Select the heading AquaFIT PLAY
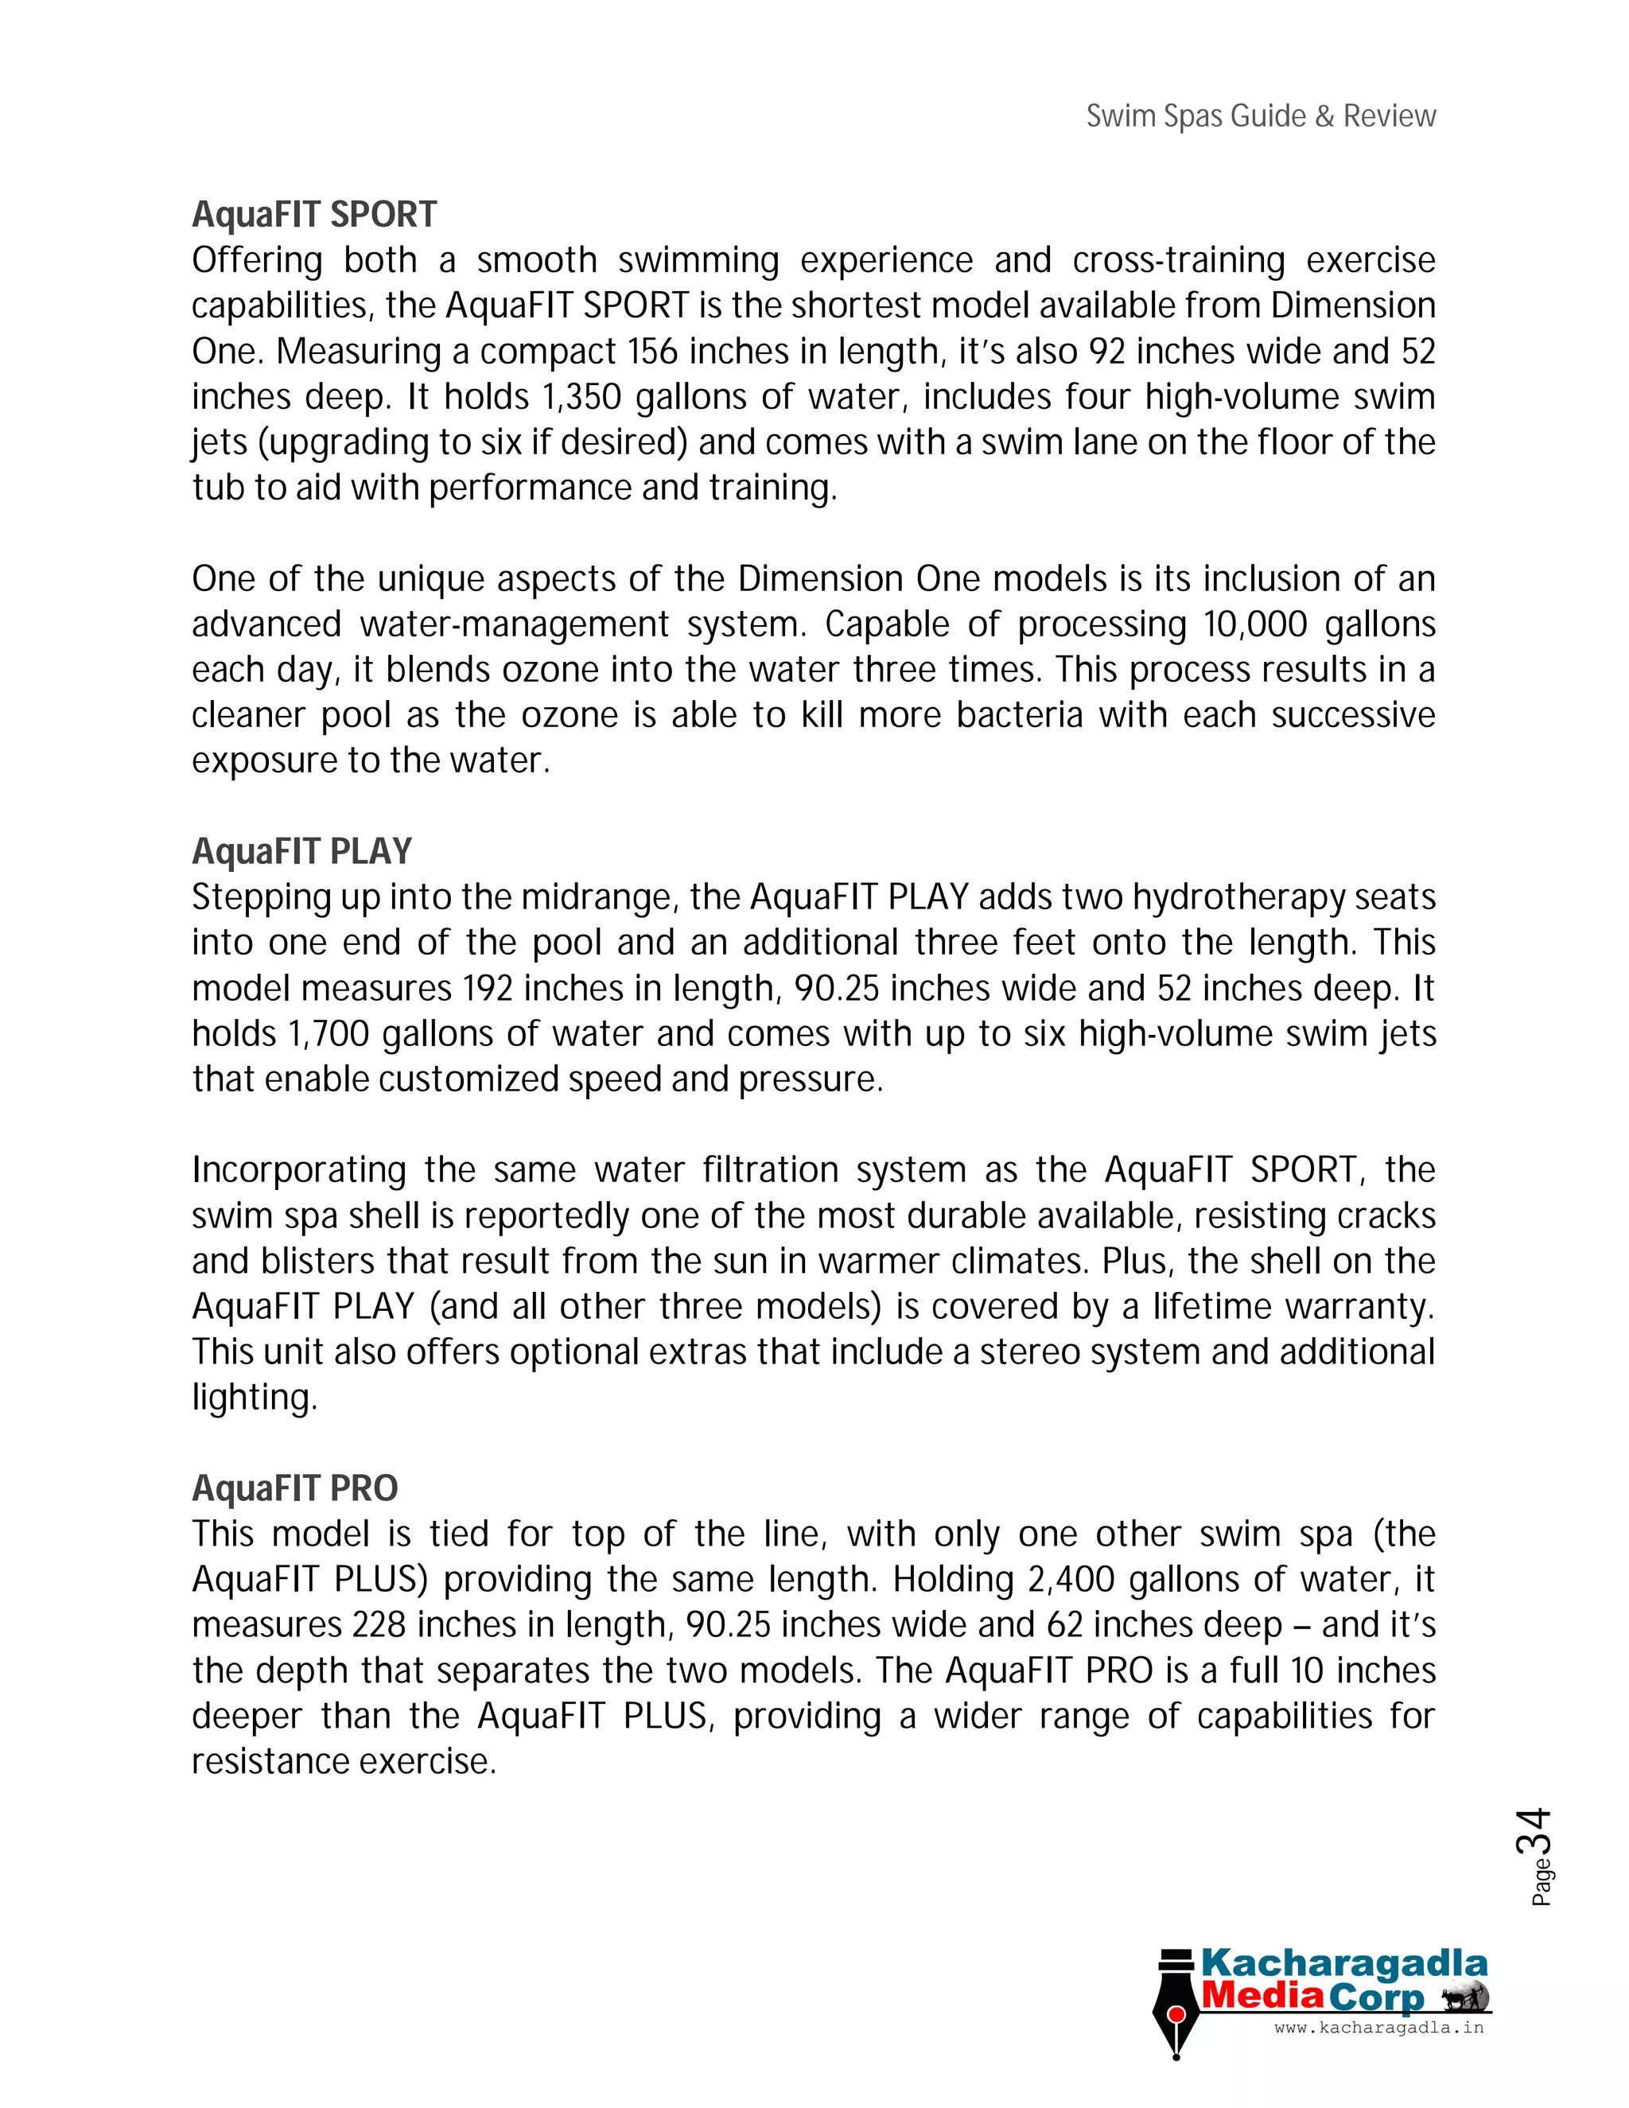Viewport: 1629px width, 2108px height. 301,851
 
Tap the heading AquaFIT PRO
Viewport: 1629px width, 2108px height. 294,1488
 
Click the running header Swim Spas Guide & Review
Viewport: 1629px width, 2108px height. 1261,116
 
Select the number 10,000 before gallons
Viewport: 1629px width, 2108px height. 1254,624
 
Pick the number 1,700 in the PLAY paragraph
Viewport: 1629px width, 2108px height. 329,1034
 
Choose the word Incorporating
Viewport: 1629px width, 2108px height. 299,1170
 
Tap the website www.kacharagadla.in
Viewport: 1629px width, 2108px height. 1378,2028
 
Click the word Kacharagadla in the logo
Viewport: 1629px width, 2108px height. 1343,1963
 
